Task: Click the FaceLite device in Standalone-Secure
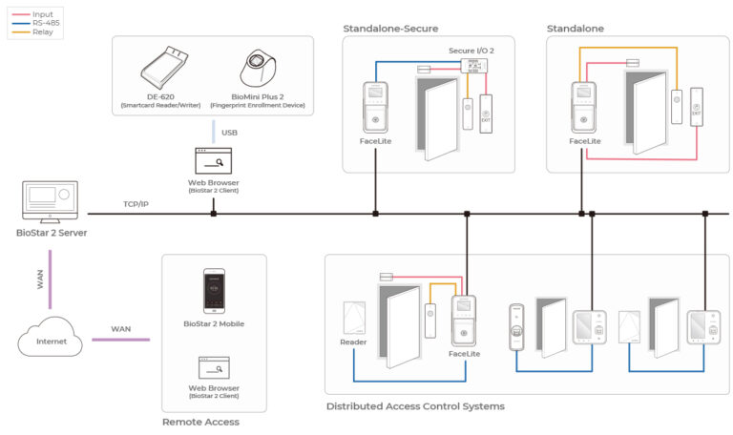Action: [376, 108]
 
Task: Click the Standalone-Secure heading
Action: [388, 29]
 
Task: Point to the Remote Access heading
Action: [200, 421]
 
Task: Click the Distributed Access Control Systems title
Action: [415, 406]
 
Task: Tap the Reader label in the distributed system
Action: [353, 342]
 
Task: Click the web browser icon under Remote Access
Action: [213, 366]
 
